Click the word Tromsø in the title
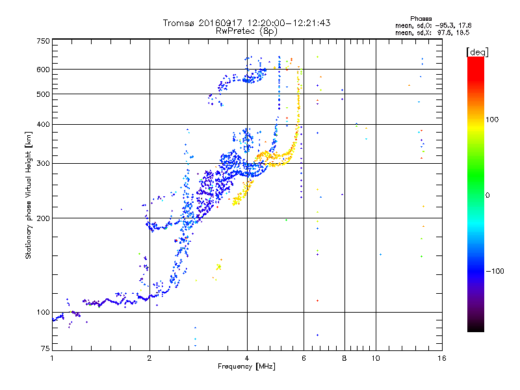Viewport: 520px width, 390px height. [x=179, y=23]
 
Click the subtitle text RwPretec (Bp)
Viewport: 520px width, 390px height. [x=246, y=31]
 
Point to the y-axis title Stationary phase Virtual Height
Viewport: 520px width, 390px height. [x=29, y=195]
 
